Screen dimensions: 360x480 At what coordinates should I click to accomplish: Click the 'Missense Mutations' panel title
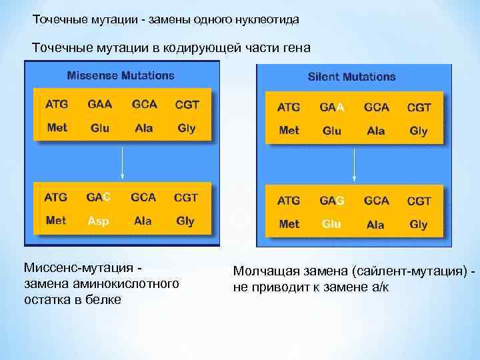pyautogui.click(x=121, y=75)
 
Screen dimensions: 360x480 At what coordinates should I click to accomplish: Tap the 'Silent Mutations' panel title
pyautogui.click(x=351, y=77)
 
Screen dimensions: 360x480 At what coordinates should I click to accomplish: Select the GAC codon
pyautogui.click(x=99, y=197)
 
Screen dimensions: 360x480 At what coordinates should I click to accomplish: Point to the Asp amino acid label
pyautogui.click(x=98, y=221)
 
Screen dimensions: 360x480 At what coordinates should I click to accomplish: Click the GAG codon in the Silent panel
pyautogui.click(x=331, y=201)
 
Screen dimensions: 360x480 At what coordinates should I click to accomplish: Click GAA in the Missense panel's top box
pyautogui.click(x=99, y=105)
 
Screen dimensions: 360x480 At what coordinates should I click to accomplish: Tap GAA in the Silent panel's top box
pyautogui.click(x=331, y=107)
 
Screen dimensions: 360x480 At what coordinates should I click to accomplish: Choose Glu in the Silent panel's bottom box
pyautogui.click(x=331, y=224)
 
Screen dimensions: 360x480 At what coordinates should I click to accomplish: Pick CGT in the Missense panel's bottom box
pyautogui.click(x=186, y=197)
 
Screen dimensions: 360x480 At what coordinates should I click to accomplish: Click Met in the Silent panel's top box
pyautogui.click(x=289, y=131)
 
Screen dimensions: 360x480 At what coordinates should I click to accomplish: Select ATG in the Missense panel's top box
pyautogui.click(x=57, y=105)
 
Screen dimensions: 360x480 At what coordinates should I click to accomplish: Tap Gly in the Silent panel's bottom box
pyautogui.click(x=418, y=224)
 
